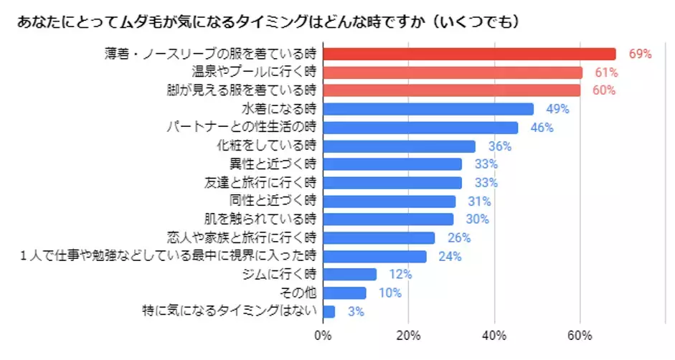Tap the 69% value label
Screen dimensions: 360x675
click(x=639, y=54)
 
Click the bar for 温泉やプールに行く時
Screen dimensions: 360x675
click(x=453, y=72)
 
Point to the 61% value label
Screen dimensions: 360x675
click(x=606, y=72)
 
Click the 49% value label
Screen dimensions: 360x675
click(x=557, y=109)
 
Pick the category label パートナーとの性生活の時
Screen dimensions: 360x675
click(x=241, y=128)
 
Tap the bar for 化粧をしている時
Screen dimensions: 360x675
click(x=399, y=146)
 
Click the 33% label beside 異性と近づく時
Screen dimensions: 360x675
click(x=486, y=164)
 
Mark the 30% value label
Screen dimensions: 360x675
click(x=477, y=219)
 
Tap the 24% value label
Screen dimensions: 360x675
click(x=450, y=256)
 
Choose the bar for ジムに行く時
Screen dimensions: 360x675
click(x=349, y=275)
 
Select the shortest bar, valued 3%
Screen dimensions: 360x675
click(x=329, y=311)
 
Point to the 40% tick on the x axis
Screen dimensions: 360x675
click(x=494, y=335)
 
